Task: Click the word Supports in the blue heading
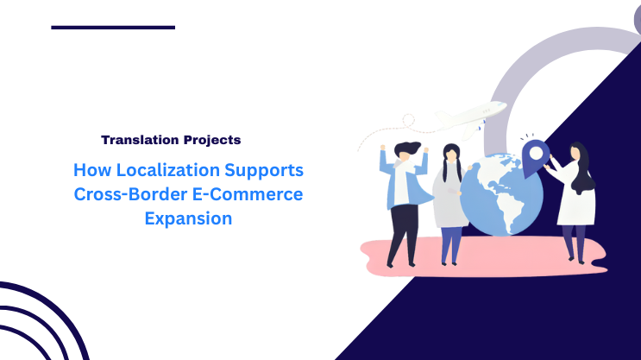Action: pos(263,169)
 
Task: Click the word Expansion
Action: pos(188,218)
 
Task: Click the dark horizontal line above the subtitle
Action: pos(113,28)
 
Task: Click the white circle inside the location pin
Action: pos(536,152)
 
